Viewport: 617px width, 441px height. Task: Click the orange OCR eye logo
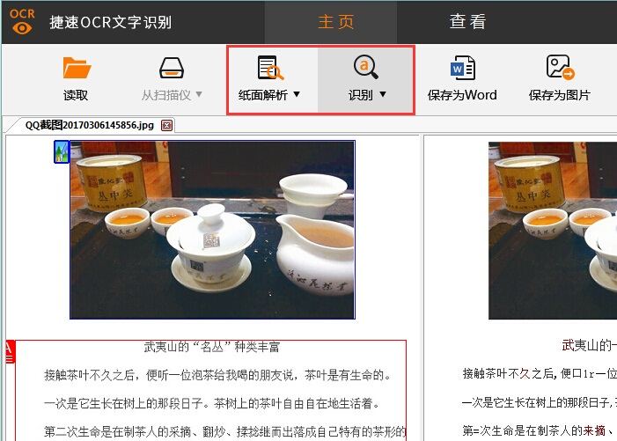point(22,21)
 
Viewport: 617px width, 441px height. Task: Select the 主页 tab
point(335,22)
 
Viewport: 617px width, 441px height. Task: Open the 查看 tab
point(467,22)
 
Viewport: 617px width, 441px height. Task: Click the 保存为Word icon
point(462,68)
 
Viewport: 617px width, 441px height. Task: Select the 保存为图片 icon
point(560,68)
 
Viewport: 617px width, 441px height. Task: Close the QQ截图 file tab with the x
point(167,126)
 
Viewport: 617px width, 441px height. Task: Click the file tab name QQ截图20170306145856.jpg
point(88,126)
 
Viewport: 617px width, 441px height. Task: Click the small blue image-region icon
point(62,151)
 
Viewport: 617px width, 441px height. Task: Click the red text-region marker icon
point(9,350)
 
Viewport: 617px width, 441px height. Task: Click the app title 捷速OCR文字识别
point(110,22)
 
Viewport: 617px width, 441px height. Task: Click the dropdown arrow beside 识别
point(383,94)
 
